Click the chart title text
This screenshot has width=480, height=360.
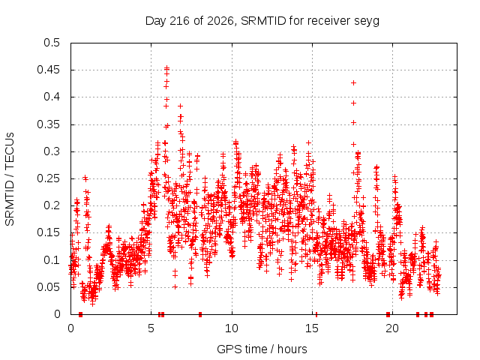tap(262, 21)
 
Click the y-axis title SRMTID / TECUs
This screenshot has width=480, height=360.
tap(10, 179)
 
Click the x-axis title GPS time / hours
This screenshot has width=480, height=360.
tap(262, 349)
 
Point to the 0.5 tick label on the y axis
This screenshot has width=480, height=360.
tap(52, 43)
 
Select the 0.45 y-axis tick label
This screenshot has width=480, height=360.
tap(49, 70)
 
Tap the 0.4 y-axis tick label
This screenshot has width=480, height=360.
tap(52, 97)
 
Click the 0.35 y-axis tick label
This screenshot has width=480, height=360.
tap(49, 124)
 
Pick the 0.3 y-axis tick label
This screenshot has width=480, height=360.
tap(52, 151)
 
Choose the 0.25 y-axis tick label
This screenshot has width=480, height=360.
tap(49, 178)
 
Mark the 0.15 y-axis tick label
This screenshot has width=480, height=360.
tap(49, 232)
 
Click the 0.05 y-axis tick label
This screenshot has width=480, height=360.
tap(49, 287)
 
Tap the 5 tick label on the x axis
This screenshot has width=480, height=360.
tap(151, 328)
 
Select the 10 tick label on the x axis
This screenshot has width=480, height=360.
tap(232, 328)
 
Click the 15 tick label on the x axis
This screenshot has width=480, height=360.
tap(312, 328)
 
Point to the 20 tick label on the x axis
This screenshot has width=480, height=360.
tap(392, 328)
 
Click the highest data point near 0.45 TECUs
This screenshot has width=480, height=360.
tap(166, 67)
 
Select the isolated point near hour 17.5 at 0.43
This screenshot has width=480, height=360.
tap(353, 83)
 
